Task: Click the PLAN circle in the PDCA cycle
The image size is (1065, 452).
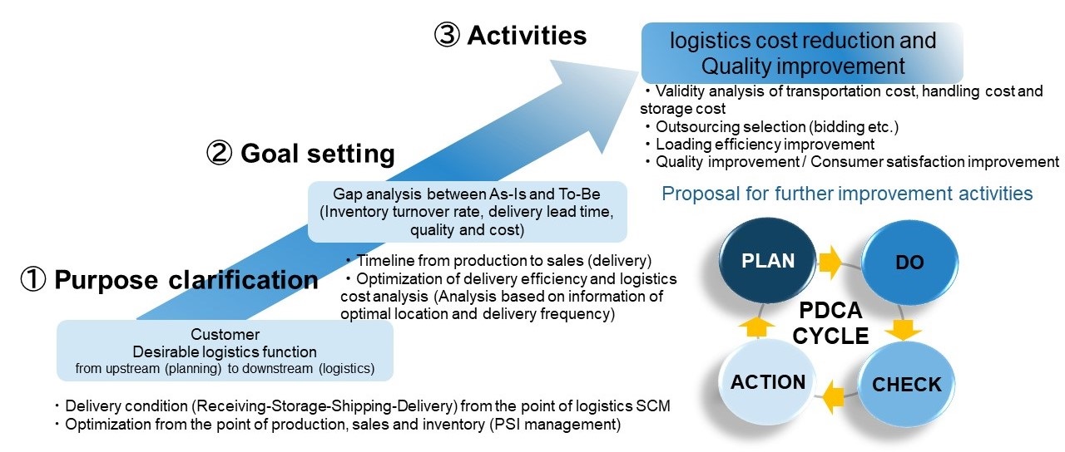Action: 768,262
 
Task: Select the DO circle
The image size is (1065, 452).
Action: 909,263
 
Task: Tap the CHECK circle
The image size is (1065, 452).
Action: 906,384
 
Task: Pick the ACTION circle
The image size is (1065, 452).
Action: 768,382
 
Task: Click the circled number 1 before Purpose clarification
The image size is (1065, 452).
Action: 33,280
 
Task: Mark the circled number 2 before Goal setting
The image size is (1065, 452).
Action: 220,154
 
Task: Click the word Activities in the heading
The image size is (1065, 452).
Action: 527,36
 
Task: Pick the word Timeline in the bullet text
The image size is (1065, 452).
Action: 384,260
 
